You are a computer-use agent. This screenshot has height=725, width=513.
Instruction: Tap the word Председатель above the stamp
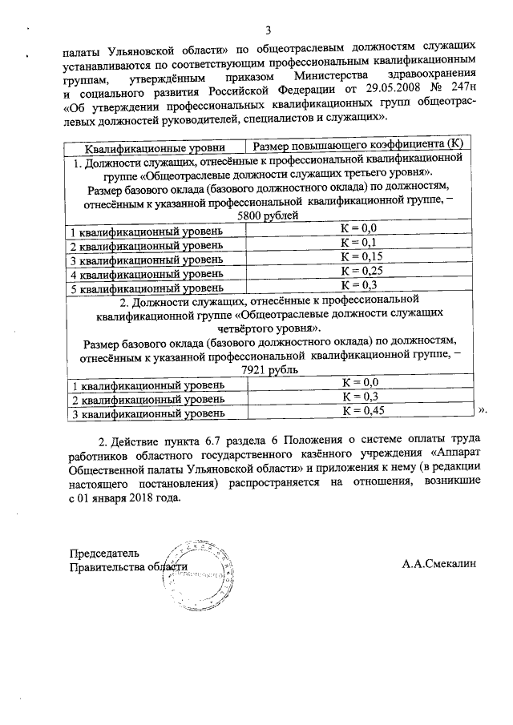point(104,554)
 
